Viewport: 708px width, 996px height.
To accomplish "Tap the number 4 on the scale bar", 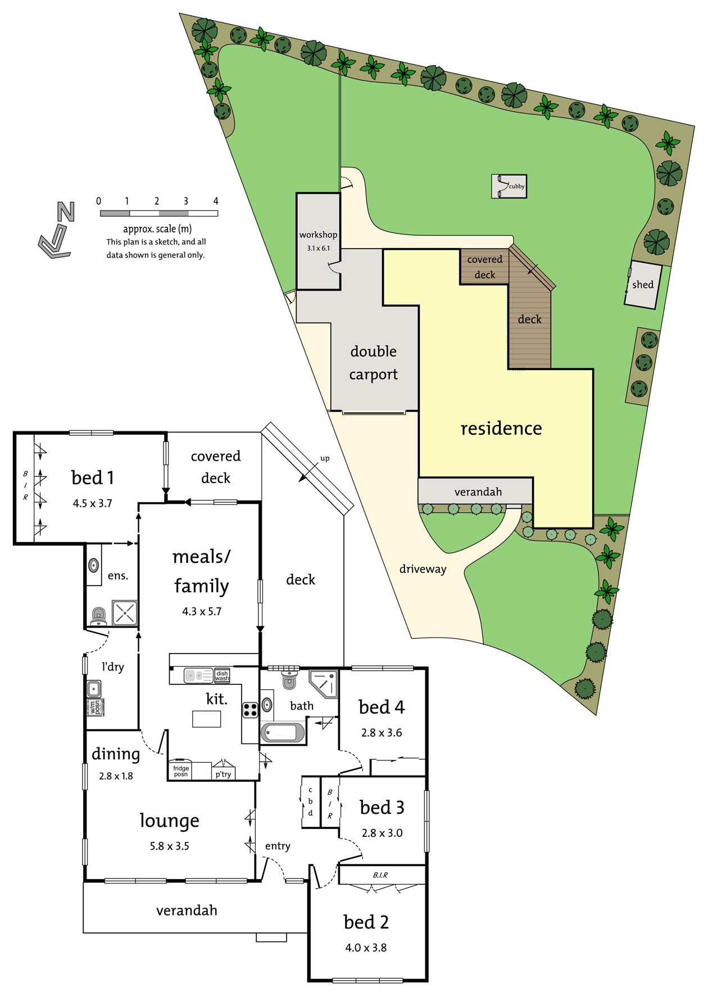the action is point(216,201).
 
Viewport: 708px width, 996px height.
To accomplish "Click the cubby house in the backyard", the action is point(509,186).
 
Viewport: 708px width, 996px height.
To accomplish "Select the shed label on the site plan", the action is point(643,285).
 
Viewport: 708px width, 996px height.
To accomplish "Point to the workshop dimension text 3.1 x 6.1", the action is point(318,248).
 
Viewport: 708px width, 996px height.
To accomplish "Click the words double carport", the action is point(374,363).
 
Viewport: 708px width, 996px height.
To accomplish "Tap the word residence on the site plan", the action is point(501,429).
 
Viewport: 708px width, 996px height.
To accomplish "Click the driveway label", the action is point(423,569).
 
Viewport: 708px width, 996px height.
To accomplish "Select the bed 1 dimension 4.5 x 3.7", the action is point(93,503).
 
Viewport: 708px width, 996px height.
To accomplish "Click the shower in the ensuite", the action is point(125,613).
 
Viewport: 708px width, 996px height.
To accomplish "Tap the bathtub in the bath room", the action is point(283,733).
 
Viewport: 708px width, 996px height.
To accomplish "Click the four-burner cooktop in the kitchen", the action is point(250,710).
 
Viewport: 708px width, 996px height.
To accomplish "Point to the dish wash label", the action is point(222,675).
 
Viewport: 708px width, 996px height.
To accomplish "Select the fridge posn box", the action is point(180,770).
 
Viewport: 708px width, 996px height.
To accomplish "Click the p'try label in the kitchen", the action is point(223,774).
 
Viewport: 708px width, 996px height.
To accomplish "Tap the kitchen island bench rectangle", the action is point(206,719).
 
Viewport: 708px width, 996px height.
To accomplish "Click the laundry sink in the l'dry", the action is point(94,688).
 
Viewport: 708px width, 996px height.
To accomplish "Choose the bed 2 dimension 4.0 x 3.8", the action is point(366,948).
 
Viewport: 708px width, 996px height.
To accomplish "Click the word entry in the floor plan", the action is point(278,846).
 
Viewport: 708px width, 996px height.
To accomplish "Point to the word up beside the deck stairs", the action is point(325,459).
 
